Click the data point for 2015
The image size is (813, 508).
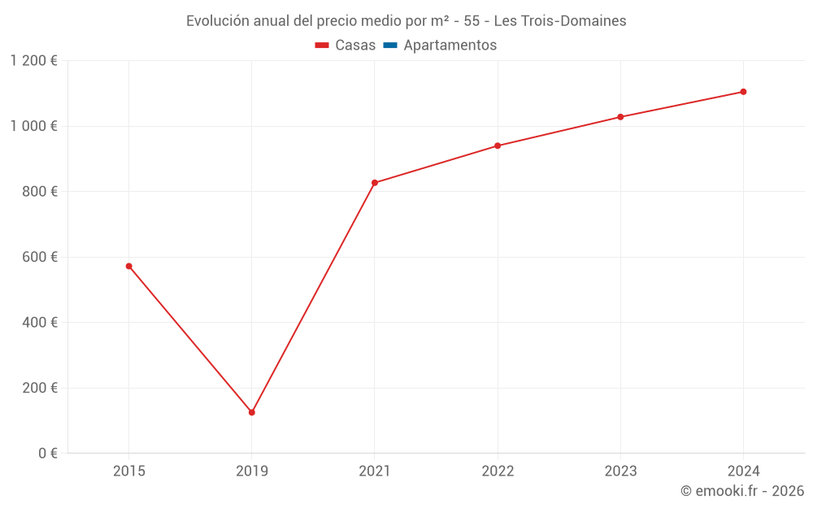[x=128, y=266]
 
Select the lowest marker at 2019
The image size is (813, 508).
[x=252, y=412]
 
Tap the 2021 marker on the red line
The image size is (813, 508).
[x=375, y=183]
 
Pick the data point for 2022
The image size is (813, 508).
[x=498, y=145]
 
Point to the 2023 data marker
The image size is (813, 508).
[x=620, y=117]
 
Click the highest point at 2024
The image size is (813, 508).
[x=743, y=92]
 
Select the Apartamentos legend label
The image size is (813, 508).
[x=450, y=46]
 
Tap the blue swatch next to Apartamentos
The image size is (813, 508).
[x=389, y=46]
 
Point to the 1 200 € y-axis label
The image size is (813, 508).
[x=33, y=61]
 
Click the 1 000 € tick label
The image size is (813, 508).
[x=33, y=126]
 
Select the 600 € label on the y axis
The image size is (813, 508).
[x=39, y=257]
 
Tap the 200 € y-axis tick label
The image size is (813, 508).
[x=39, y=388]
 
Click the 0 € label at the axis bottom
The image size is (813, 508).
[x=46, y=454]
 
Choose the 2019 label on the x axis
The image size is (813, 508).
[x=252, y=471]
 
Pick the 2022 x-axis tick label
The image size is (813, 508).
[x=498, y=471]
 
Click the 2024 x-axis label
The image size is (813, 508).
[x=743, y=471]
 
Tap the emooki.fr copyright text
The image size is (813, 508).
[x=742, y=491]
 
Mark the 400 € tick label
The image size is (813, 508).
[x=39, y=323]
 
